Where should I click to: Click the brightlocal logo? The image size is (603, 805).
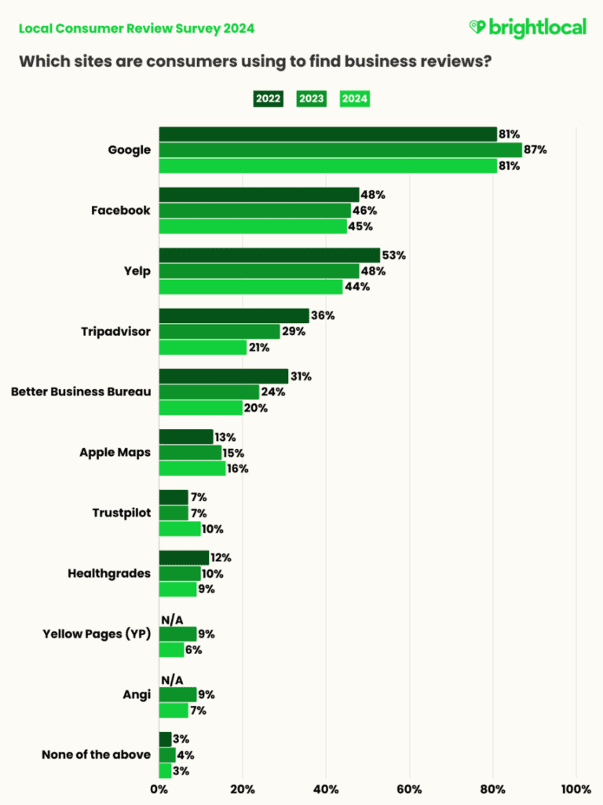pos(527,28)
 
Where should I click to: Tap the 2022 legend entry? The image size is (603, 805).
pos(267,99)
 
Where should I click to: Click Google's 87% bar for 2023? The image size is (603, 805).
pos(340,149)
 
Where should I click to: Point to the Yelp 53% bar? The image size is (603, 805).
pos(269,255)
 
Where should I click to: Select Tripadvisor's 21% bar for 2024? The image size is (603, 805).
pos(203,347)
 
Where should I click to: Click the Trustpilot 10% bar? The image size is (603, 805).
pos(180,528)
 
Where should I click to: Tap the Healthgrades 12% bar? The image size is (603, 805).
pos(184,558)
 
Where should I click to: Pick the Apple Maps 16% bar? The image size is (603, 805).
pos(192,469)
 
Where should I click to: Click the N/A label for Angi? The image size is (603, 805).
pos(173,678)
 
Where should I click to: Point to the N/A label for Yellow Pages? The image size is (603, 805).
pos(173,618)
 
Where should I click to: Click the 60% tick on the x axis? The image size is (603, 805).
pos(409,788)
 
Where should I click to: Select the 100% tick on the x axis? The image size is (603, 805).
pos(576,788)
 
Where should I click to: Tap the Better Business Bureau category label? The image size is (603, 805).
pos(80,391)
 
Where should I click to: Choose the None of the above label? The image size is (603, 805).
pos(96,755)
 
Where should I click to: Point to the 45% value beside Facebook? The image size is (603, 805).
pos(360,226)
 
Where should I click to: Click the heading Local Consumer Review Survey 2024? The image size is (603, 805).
pos(136,28)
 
